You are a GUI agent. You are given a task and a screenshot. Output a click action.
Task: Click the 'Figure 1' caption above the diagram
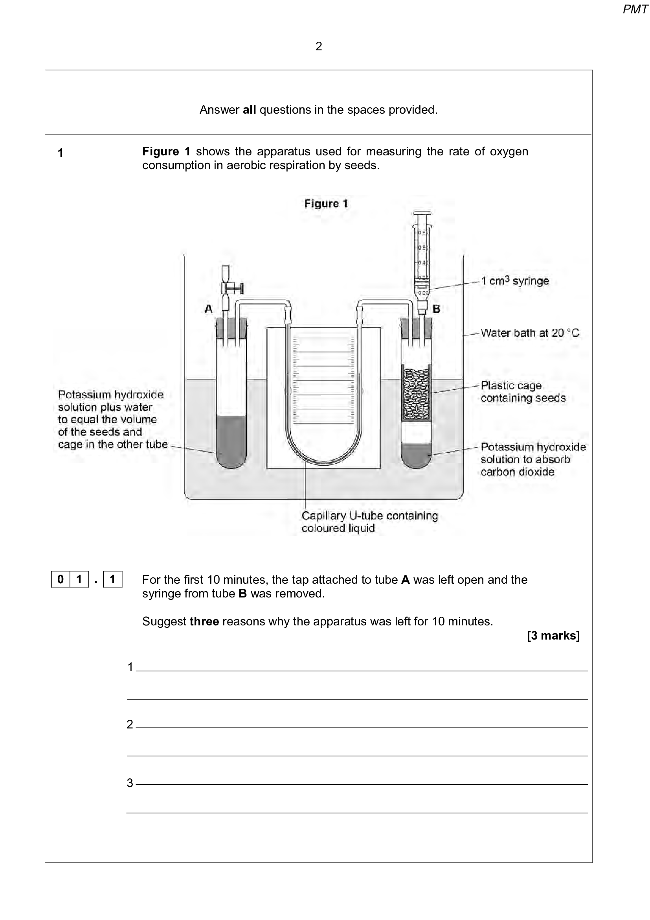tap(326, 204)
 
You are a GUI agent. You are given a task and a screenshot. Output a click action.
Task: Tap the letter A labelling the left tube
tap(209, 308)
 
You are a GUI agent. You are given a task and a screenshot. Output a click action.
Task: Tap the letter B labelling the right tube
tap(437, 308)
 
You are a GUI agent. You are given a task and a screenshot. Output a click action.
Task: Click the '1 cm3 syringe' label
tap(515, 281)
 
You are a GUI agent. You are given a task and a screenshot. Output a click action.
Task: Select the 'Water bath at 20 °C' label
tap(529, 333)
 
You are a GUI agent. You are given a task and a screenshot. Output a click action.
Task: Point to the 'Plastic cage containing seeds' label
tap(523, 391)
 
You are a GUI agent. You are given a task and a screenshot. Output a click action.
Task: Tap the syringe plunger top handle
tap(422, 213)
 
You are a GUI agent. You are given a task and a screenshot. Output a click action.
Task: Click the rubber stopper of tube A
tap(231, 327)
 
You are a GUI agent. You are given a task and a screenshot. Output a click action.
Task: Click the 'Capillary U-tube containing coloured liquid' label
tap(369, 521)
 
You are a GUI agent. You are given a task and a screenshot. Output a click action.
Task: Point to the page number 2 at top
tap(319, 46)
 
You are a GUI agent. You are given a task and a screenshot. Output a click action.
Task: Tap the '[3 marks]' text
tap(553, 636)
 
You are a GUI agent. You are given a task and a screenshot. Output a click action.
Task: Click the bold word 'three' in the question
tap(204, 621)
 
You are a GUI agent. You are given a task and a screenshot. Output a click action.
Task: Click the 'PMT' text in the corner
tap(634, 9)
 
